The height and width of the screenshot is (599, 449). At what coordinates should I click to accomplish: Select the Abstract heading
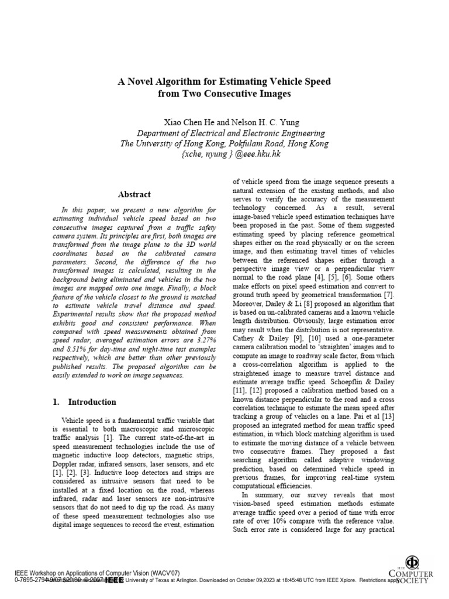(x=134, y=194)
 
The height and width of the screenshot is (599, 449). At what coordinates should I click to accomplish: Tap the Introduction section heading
(x=92, y=402)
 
